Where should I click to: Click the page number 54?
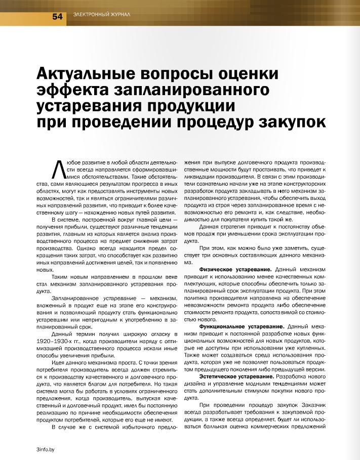(x=57, y=16)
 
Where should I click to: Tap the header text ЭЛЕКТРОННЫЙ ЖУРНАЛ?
(x=102, y=15)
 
